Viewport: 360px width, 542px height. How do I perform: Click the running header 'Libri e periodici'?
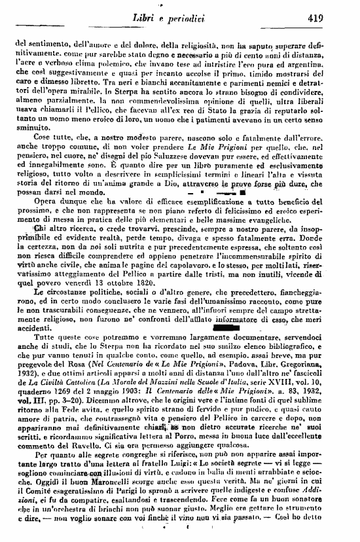coord(183,19)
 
